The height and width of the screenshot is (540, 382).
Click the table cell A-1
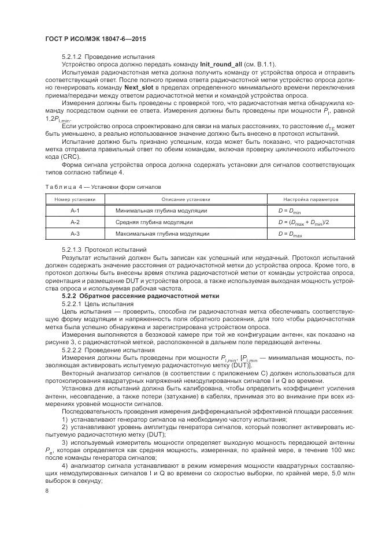point(75,210)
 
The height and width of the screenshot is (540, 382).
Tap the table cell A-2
point(75,222)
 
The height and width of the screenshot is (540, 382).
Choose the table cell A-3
point(75,234)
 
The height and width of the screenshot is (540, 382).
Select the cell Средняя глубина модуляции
point(154,222)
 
